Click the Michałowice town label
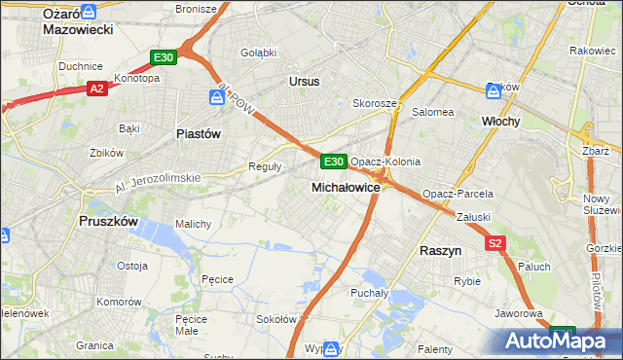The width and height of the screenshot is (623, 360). [x=345, y=186]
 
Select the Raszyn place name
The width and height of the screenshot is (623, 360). [x=440, y=250]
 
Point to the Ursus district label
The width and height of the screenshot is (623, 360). [x=304, y=82]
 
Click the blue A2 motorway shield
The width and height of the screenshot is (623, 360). [x=96, y=89]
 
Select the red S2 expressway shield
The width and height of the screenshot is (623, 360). [x=495, y=243]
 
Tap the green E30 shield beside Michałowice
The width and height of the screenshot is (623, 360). [x=333, y=161]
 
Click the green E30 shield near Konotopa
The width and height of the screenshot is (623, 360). [x=163, y=58]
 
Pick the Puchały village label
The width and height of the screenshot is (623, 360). [x=369, y=292]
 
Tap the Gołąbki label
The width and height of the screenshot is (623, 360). [x=258, y=52]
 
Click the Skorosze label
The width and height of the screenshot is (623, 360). [x=374, y=102]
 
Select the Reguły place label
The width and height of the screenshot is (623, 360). [x=266, y=166]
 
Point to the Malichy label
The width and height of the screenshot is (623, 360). [x=193, y=224]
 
